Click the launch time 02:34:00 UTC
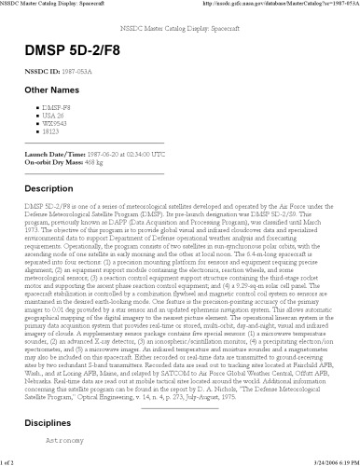pyautogui.click(x=145, y=152)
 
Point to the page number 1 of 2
pyautogui.click(x=11, y=460)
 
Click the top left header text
pyautogui.click(x=56, y=5)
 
